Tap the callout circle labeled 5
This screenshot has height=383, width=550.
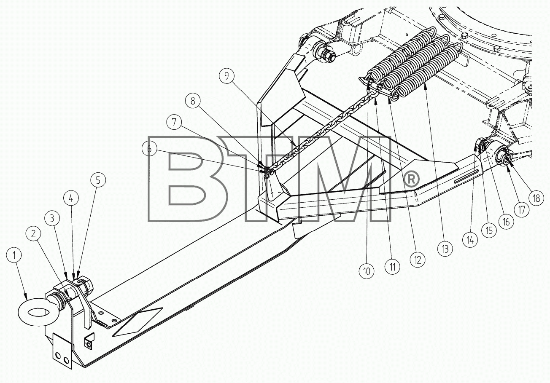[98, 180]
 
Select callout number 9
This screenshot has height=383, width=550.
[226, 76]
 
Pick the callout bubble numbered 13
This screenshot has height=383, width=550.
[445, 249]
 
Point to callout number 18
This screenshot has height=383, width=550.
[537, 198]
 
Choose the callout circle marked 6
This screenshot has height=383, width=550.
[149, 148]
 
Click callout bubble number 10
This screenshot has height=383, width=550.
[367, 271]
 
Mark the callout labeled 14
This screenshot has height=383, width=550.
[470, 240]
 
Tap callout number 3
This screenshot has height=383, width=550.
[52, 218]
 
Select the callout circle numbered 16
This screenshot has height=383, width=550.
[506, 222]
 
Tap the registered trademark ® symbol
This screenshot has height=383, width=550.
[412, 179]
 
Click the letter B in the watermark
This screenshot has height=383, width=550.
[186, 179]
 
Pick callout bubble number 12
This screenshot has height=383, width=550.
[418, 260]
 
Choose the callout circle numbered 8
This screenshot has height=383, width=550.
[193, 101]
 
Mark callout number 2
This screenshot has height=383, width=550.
[33, 233]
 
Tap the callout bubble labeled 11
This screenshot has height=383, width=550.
[392, 267]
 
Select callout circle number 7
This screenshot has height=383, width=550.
[174, 122]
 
